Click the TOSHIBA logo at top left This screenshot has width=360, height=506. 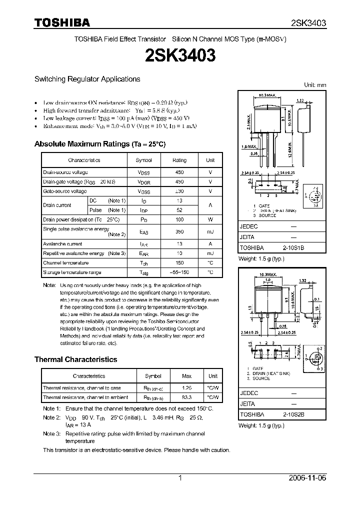click(62, 22)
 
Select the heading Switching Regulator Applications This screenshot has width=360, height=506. click(87, 79)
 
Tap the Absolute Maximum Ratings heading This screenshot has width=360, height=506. click(99, 144)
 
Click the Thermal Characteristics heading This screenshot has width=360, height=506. click(75, 359)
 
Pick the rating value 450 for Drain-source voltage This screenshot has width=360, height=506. click(179, 172)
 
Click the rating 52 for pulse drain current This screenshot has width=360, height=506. click(179, 210)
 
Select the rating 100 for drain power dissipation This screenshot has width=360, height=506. click(179, 219)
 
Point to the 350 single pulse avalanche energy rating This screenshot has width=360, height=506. click(179, 231)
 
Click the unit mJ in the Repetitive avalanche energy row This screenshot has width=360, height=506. click(210, 253)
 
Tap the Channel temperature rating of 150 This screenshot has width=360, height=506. click(179, 263)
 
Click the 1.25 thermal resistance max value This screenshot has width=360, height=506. click(186, 388)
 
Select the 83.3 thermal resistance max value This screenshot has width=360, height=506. click(186, 397)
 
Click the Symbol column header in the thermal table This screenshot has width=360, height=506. click(153, 376)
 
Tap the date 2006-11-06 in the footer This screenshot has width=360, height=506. click(307, 478)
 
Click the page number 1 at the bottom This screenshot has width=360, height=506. click(180, 478)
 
